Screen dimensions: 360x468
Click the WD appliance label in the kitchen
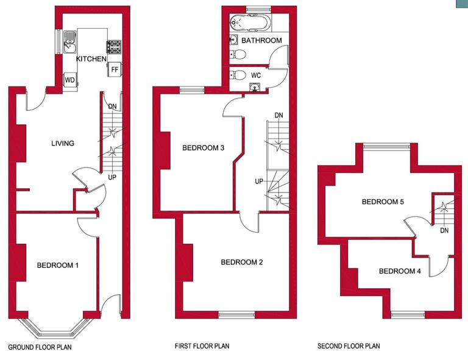click(x=69, y=80)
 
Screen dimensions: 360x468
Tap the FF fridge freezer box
click(x=114, y=69)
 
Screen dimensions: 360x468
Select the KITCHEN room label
click(x=91, y=59)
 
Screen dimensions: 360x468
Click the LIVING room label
click(x=63, y=144)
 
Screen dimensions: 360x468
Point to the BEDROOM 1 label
click(x=58, y=265)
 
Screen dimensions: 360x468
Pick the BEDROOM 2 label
click(x=242, y=263)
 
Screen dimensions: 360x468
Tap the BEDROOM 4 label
click(x=400, y=271)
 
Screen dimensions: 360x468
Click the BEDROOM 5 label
click(x=383, y=202)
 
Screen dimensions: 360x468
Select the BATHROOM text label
click(x=261, y=41)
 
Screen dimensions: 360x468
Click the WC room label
click(x=256, y=75)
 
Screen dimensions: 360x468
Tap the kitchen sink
click(x=70, y=41)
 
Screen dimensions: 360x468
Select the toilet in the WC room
click(x=239, y=76)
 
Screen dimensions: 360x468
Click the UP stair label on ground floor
click(x=112, y=177)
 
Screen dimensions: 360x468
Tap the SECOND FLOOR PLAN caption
click(x=349, y=347)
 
